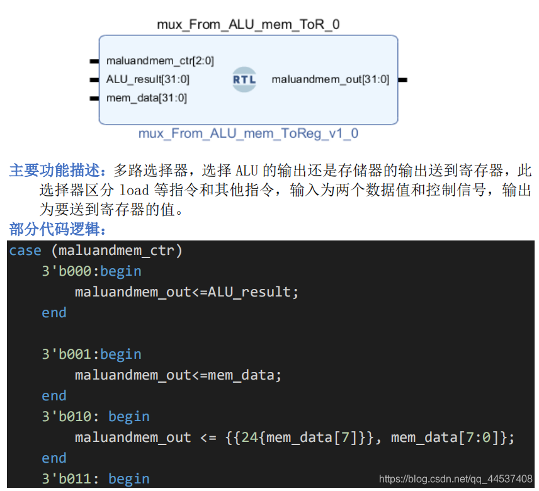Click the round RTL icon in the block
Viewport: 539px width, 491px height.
[x=244, y=79]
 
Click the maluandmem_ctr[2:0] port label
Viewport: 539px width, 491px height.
[x=160, y=61]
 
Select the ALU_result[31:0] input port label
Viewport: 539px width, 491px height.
[x=148, y=79]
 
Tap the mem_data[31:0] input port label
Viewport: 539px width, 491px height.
[x=147, y=98]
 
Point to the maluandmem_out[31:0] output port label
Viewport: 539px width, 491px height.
[x=331, y=79]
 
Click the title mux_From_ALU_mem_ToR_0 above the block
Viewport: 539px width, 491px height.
[x=248, y=25]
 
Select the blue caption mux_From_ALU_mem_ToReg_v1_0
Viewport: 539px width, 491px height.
[x=248, y=133]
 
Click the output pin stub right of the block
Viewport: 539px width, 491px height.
[x=402, y=80]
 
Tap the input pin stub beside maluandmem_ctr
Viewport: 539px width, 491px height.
[x=94, y=61]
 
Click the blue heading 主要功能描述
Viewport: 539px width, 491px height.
[x=60, y=170]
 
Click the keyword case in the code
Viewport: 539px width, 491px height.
[x=25, y=251]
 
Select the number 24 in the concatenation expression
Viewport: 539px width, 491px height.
[x=250, y=437]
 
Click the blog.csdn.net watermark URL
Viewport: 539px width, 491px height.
[x=456, y=480]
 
